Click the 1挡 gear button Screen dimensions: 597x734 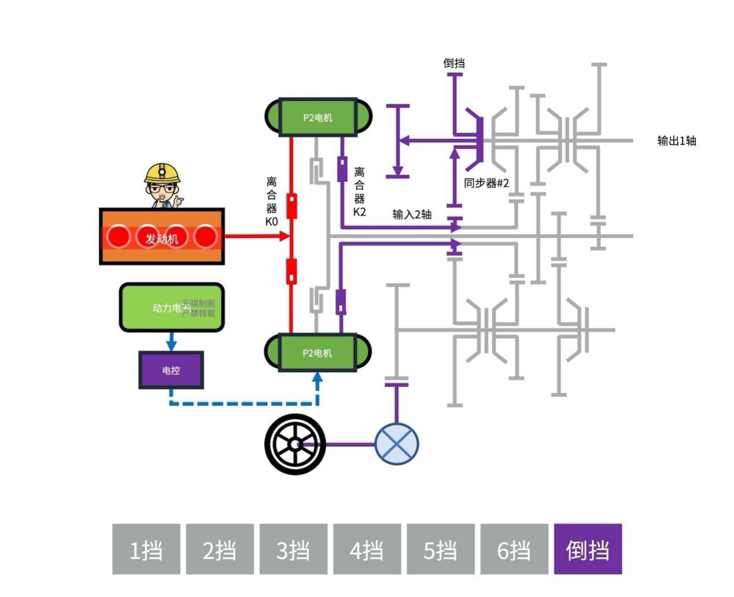[x=146, y=549]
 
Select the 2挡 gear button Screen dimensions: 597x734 [x=220, y=549]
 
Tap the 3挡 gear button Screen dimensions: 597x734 [x=293, y=549]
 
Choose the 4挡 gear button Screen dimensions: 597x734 [x=367, y=549]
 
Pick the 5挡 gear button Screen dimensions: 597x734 [x=440, y=549]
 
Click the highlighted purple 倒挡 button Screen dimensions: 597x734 [x=588, y=549]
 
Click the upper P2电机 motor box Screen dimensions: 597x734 [x=318, y=117]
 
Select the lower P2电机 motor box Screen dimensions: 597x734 [x=318, y=352]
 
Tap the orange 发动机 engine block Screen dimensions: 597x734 [x=162, y=237]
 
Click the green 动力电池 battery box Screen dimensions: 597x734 [x=171, y=307]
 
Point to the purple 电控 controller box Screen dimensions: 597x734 [x=171, y=370]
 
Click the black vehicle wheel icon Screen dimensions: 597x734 [x=295, y=444]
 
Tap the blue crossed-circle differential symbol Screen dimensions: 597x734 [x=397, y=444]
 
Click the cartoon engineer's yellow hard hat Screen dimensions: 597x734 [x=162, y=172]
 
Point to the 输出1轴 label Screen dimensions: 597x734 [x=677, y=141]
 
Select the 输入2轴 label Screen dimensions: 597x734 [x=412, y=214]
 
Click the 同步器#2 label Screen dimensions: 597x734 [x=486, y=183]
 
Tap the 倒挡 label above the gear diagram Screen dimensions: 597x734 [x=454, y=63]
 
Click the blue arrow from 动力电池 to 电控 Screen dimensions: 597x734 [x=171, y=341]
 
